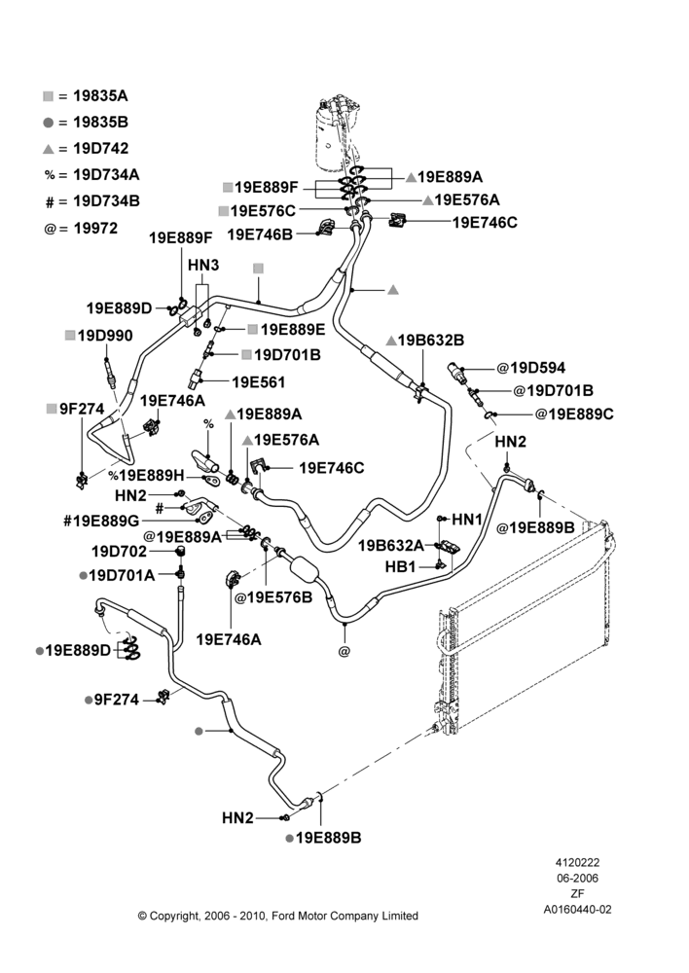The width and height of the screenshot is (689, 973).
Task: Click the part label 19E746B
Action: [260, 234]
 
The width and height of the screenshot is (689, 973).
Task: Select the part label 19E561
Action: [258, 382]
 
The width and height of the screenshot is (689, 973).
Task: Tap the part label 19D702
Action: [119, 552]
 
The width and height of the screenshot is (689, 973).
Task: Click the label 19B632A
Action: [391, 546]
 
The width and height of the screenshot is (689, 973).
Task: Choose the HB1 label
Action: [400, 566]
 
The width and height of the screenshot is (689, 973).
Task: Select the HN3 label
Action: [203, 265]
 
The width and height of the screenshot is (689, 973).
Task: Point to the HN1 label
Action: [467, 519]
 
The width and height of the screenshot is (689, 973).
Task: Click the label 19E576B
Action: [273, 597]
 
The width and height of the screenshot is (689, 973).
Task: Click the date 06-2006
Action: [577, 878]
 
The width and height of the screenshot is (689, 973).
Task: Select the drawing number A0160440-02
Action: [577, 909]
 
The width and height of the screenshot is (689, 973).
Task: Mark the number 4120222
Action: [577, 862]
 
